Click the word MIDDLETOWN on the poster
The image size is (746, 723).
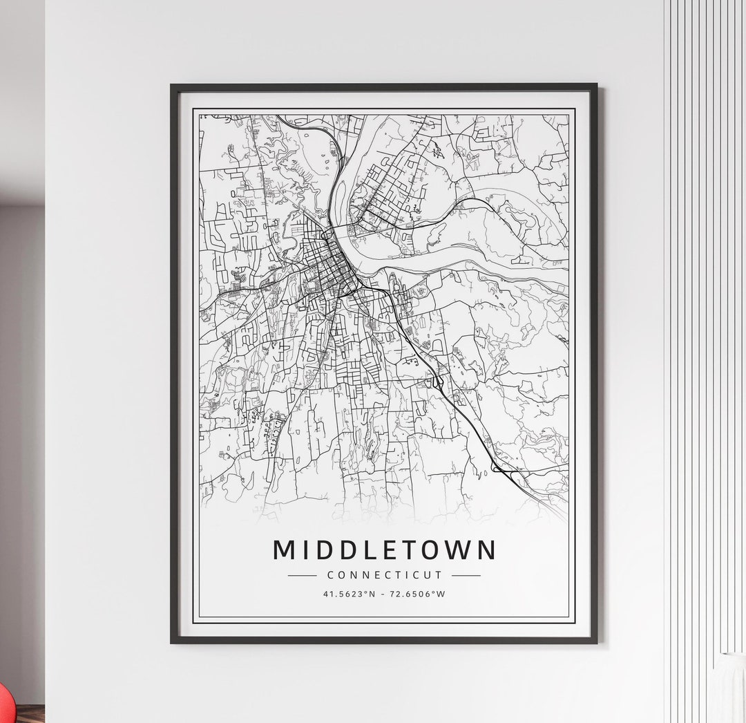click(385, 550)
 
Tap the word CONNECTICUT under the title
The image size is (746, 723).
click(384, 574)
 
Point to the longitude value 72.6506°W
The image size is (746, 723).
click(417, 594)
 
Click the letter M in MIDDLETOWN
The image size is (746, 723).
click(286, 550)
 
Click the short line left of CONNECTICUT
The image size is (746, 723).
click(301, 575)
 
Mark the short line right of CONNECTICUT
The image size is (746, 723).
click(466, 575)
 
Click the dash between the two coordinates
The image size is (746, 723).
click(385, 594)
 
